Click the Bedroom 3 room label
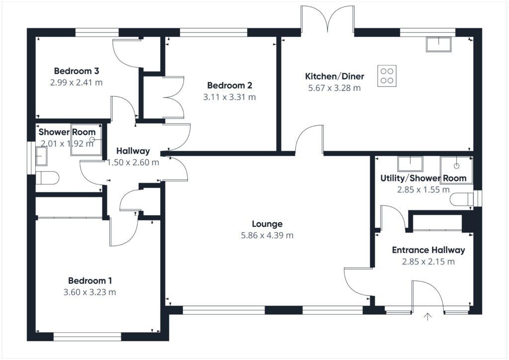(76, 70)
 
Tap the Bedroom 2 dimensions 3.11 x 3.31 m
(229, 97)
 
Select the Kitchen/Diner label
(334, 76)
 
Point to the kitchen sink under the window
(438, 44)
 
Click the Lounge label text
(267, 224)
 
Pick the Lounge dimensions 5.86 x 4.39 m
(267, 235)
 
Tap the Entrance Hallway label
(428, 250)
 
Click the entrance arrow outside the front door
(427, 317)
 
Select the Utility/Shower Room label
(423, 178)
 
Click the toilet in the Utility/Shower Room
(459, 199)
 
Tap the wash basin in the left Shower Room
(41, 157)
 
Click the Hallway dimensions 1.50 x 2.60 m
(133, 162)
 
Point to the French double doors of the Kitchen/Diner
(328, 20)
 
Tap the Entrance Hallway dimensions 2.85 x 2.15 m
(428, 262)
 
